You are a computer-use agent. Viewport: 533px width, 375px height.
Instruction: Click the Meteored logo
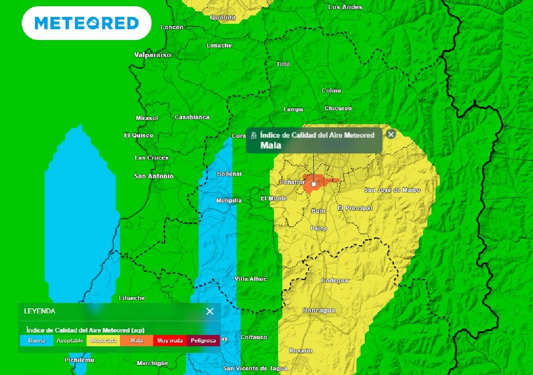click(86, 23)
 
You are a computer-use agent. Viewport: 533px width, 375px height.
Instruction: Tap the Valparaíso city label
click(153, 55)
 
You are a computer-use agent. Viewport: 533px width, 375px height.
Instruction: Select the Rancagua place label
click(319, 310)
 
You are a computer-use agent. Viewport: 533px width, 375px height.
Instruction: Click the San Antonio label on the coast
click(154, 176)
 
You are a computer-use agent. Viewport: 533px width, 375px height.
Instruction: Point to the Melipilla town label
click(229, 201)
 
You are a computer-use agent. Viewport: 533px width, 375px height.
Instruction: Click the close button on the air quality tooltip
click(391, 134)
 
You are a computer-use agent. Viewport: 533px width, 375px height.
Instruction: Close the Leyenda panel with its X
click(210, 311)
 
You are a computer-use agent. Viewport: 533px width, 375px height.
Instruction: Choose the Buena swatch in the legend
click(36, 341)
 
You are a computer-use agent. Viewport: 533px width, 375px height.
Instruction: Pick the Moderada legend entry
click(103, 341)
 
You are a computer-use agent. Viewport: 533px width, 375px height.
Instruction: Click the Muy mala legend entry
click(170, 341)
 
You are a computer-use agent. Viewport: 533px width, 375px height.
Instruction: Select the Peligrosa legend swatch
click(203, 341)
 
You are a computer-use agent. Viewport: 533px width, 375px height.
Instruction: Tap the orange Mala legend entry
click(136, 341)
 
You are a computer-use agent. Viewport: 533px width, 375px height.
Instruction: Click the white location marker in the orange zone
click(314, 184)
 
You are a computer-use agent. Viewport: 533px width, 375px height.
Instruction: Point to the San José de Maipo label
click(392, 190)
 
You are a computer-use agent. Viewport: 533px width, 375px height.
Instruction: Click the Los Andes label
click(345, 7)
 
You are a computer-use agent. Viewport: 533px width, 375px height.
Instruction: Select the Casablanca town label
click(192, 117)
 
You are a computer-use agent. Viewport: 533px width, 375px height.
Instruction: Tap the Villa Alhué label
click(251, 279)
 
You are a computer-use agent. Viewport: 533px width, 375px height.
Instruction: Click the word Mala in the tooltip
click(271, 145)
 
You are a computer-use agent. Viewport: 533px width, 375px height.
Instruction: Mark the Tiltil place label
click(283, 64)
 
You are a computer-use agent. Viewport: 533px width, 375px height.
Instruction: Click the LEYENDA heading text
click(40, 311)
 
